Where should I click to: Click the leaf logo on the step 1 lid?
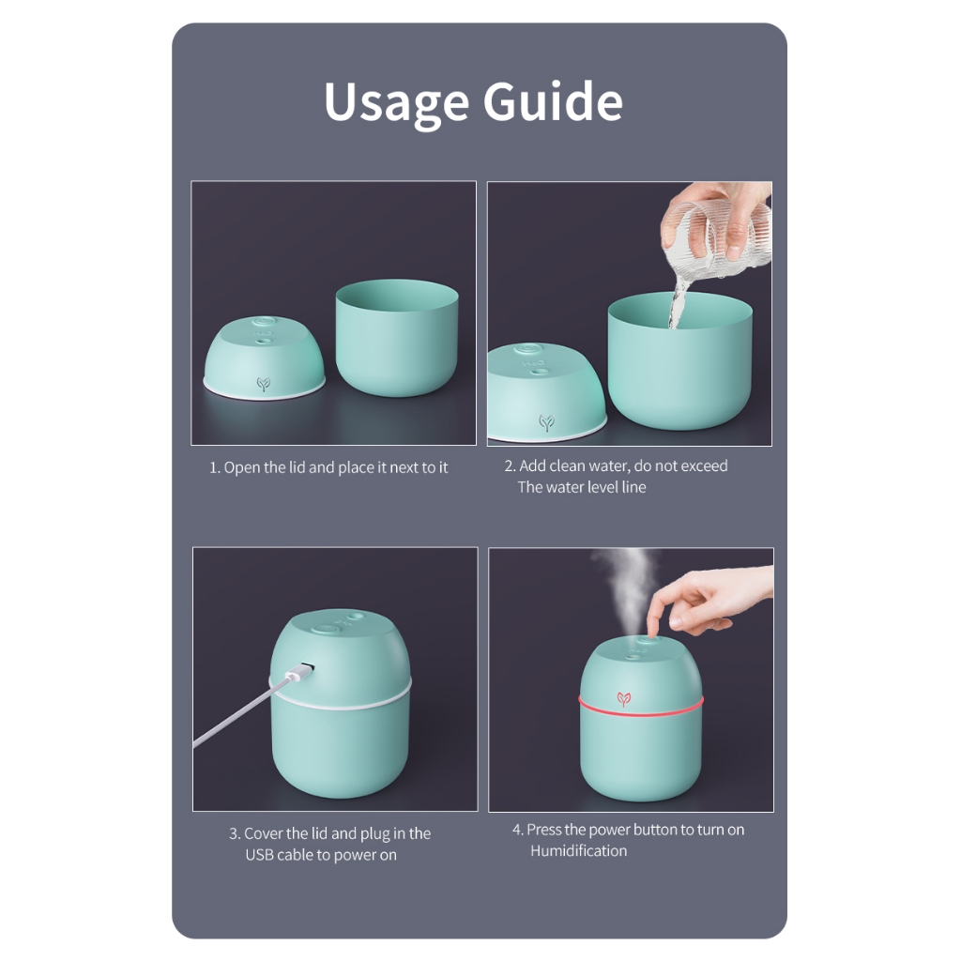pyautogui.click(x=264, y=384)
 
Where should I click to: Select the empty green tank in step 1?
pyautogui.click(x=397, y=337)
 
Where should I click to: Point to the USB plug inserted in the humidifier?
pyautogui.click(x=298, y=672)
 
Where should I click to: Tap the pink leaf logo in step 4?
pyautogui.click(x=624, y=698)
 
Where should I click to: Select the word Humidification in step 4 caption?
pyautogui.click(x=578, y=850)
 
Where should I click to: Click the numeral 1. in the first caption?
pyautogui.click(x=215, y=467)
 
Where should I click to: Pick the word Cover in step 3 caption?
pyautogui.click(x=264, y=833)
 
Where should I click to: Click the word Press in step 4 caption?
pyautogui.click(x=543, y=830)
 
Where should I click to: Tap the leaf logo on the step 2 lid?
pyautogui.click(x=547, y=421)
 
